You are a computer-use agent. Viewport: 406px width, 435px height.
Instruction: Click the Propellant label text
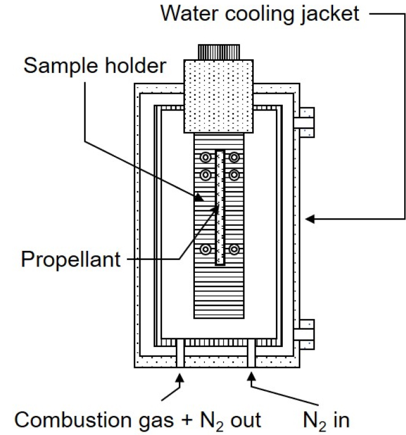pos(71,260)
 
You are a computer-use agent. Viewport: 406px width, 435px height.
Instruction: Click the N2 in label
pos(326,421)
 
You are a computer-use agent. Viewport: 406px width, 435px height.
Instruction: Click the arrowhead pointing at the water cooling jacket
pos(309,219)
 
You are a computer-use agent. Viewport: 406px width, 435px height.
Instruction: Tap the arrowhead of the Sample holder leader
pos(199,198)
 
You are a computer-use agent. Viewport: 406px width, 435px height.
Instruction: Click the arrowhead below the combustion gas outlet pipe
pos(180,378)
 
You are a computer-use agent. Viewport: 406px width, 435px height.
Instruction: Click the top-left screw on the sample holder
pos(205,158)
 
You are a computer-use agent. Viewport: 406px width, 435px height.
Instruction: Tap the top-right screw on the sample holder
pos(234,158)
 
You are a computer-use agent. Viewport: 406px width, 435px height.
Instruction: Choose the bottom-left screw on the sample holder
pos(205,250)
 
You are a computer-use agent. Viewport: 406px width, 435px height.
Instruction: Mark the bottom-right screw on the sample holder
pos(234,250)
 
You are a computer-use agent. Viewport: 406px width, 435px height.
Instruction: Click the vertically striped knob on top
pos(219,52)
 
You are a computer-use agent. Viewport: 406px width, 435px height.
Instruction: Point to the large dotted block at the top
pos(219,96)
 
